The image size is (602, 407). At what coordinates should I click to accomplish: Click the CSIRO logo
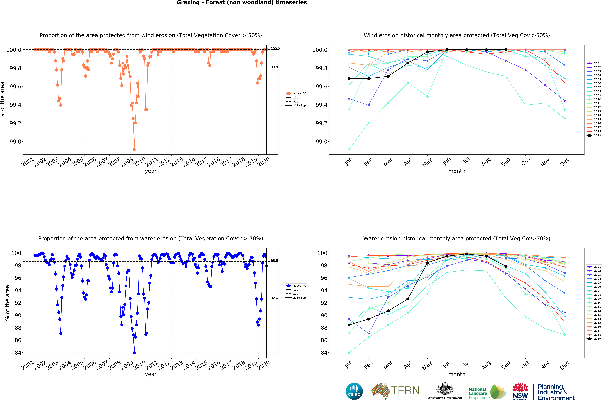click(x=354, y=391)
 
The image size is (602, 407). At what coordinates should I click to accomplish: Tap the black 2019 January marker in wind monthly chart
click(x=349, y=78)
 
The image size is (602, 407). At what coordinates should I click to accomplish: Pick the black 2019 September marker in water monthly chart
click(x=506, y=266)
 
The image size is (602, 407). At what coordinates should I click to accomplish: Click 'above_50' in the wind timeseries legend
click(x=299, y=94)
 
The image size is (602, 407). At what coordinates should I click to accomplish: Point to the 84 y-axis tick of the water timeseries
click(x=18, y=353)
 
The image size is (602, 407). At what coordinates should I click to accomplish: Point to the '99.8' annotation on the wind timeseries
click(x=274, y=67)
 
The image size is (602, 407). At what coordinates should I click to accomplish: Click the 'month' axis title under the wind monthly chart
click(x=457, y=171)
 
